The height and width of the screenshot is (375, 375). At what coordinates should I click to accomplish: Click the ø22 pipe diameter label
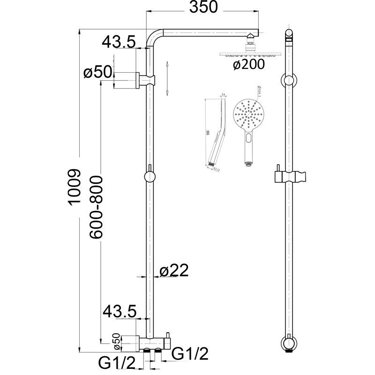[173, 270]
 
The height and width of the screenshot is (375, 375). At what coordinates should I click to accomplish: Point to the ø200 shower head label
[248, 65]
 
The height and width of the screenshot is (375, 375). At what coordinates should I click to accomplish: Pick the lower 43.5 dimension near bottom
[119, 311]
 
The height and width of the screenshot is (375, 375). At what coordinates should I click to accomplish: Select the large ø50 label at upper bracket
[97, 73]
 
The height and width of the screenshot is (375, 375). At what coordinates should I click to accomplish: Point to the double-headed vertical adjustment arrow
[167, 77]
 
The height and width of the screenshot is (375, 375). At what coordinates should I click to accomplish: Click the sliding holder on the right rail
[291, 177]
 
